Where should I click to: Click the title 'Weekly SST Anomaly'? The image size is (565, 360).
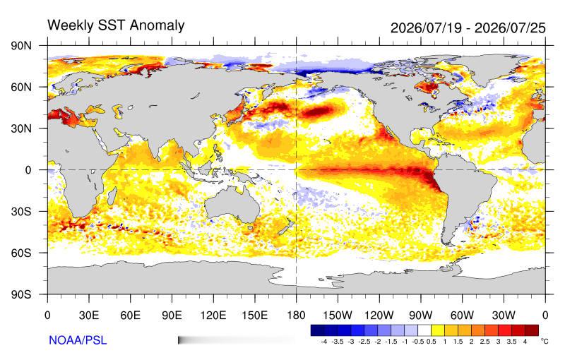click(116, 25)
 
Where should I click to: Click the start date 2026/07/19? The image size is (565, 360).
click(426, 28)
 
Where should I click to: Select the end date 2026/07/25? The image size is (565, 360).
click(510, 28)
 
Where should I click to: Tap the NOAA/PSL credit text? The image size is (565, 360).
click(78, 340)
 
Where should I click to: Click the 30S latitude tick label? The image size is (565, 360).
click(21, 211)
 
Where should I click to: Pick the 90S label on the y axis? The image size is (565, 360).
click(21, 294)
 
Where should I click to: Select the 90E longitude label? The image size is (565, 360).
click(172, 316)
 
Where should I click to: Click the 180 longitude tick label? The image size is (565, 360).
click(296, 316)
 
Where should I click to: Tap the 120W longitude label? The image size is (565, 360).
click(379, 316)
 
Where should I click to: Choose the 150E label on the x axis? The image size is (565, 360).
click(255, 316)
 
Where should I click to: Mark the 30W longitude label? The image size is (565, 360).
click(504, 316)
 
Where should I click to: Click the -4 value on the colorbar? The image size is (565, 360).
click(323, 342)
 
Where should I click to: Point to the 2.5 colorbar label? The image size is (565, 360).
click(484, 342)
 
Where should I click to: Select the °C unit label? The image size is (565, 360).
click(544, 340)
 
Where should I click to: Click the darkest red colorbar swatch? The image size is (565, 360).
click(532, 330)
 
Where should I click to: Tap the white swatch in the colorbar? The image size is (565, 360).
click(425, 330)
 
